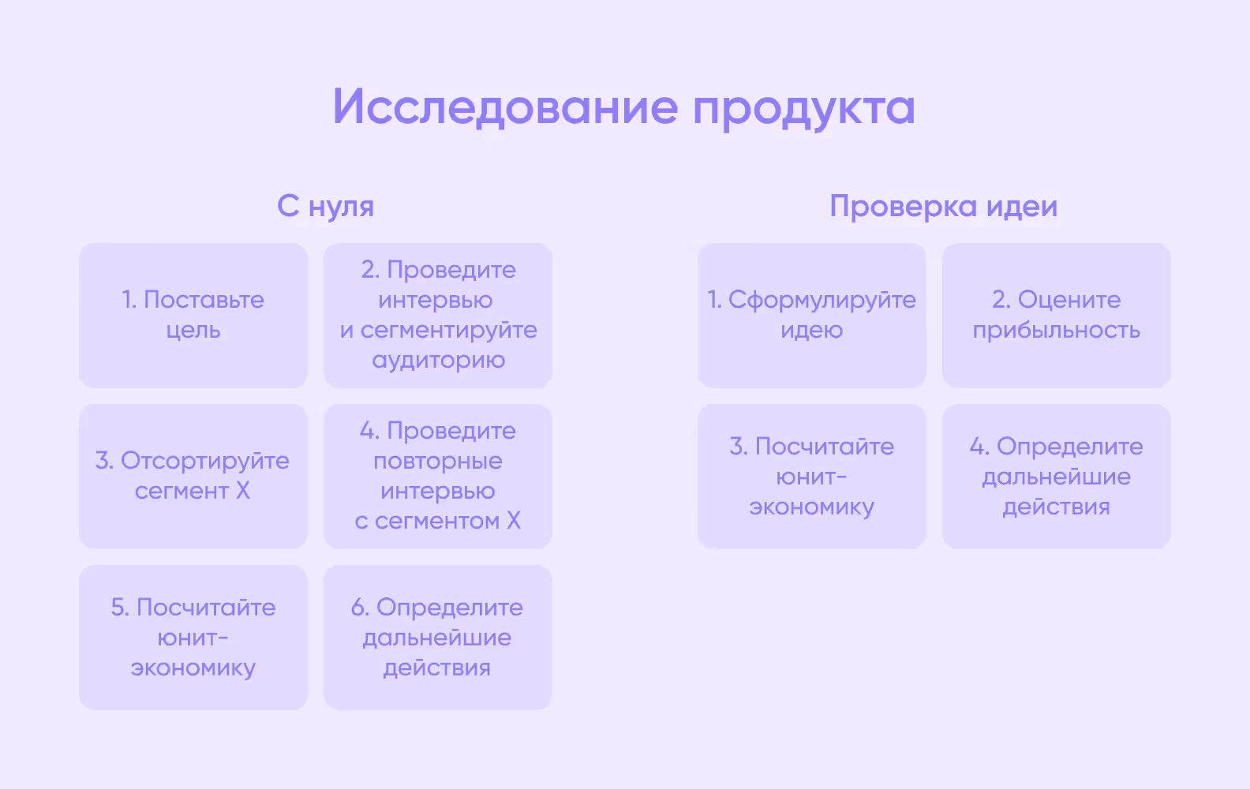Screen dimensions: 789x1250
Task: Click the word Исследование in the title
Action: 505,107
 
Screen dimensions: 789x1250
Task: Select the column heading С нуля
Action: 325,207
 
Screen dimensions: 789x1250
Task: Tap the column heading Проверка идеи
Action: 943,207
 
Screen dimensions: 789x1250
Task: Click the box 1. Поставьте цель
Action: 193,316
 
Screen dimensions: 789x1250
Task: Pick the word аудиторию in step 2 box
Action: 438,361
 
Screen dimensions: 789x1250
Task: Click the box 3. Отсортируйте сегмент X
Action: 193,477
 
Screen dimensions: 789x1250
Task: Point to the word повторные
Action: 438,461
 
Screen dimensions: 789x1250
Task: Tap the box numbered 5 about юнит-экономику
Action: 193,638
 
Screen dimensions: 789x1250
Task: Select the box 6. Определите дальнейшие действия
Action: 438,638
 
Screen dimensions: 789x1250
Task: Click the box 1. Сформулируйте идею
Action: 811,316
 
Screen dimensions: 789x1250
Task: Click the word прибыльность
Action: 1056,331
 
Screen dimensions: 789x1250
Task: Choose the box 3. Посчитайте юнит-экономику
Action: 811,477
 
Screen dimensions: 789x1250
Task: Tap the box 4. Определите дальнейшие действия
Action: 1056,477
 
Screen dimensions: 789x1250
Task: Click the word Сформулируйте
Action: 821,300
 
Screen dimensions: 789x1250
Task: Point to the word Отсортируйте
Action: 204,461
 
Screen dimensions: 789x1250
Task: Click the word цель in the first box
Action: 193,331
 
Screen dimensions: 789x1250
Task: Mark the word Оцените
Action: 1068,300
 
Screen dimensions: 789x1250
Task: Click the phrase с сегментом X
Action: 438,521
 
